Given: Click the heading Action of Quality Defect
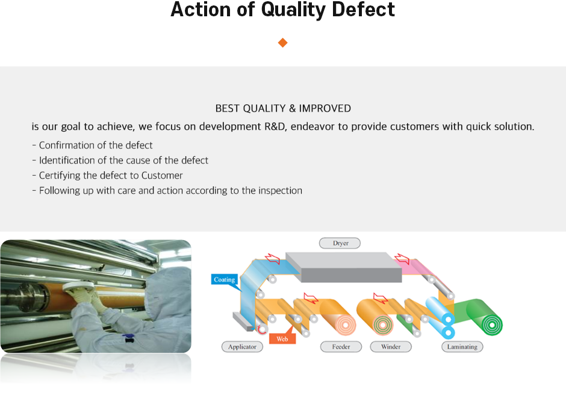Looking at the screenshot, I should point(282,10).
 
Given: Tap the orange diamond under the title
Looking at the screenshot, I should point(282,42).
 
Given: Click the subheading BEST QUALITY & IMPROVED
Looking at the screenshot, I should point(282,109).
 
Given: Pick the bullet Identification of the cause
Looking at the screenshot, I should point(120,160).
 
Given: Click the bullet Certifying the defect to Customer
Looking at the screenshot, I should point(107,176).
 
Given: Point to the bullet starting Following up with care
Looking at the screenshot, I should point(167,191).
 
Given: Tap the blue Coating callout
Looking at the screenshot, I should point(225,280).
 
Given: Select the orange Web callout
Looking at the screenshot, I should point(282,339).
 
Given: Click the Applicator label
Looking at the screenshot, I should point(242,347).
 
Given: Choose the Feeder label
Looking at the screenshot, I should point(341,347).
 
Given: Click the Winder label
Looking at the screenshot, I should point(391,347).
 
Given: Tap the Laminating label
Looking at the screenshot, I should point(462,347).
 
